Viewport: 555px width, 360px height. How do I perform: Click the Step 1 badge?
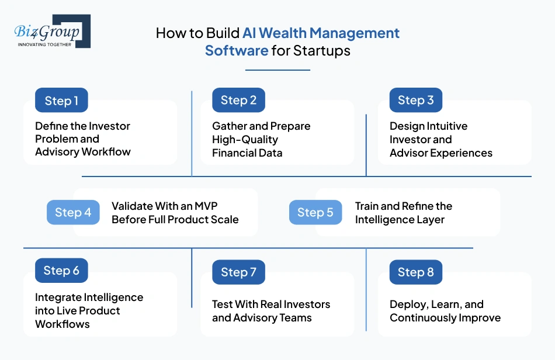[61, 101]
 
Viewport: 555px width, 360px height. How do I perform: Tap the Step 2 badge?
[238, 100]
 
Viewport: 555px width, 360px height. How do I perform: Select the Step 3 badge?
[416, 100]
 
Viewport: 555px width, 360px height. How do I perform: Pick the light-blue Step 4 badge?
[73, 212]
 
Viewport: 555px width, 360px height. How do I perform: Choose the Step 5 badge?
[315, 212]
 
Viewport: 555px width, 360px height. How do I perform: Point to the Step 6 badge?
[61, 271]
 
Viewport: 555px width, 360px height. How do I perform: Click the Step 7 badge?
[238, 272]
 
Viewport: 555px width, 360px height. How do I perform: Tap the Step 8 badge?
[416, 272]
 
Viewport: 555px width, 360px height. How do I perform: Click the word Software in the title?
[236, 50]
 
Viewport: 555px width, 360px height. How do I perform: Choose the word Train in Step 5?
[368, 206]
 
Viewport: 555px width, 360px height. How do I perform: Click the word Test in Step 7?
[223, 304]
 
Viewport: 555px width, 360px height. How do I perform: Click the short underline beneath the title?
[277, 70]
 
